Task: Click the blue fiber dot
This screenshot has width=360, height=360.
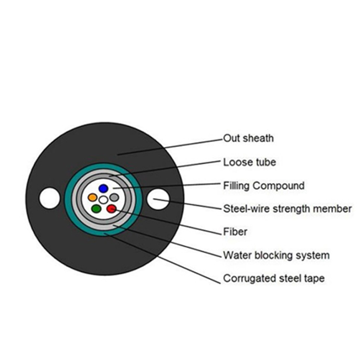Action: pyautogui.click(x=103, y=189)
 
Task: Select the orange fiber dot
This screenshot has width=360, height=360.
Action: pyautogui.click(x=93, y=197)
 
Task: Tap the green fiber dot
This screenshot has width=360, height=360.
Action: pyautogui.click(x=96, y=209)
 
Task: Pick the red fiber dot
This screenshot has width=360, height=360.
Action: pyautogui.click(x=111, y=209)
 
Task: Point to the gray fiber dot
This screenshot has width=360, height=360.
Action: pyautogui.click(x=114, y=197)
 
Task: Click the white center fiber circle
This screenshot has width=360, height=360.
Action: pyautogui.click(x=103, y=200)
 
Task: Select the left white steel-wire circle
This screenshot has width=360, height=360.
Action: pyautogui.click(x=49, y=198)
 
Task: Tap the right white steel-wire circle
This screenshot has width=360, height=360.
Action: pyautogui.click(x=158, y=199)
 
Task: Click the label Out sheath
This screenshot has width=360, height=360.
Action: pyautogui.click(x=248, y=138)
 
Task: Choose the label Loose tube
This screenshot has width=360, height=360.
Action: pyautogui.click(x=250, y=162)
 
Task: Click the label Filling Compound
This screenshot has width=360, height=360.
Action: pyautogui.click(x=264, y=186)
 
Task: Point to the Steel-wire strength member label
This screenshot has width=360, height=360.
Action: pyautogui.click(x=288, y=209)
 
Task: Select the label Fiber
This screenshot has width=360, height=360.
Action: pyautogui.click(x=235, y=232)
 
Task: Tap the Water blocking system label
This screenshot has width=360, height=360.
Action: pyautogui.click(x=276, y=255)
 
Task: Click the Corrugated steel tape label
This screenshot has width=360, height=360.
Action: pyautogui.click(x=274, y=279)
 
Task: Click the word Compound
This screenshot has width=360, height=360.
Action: pyautogui.click(x=279, y=186)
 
